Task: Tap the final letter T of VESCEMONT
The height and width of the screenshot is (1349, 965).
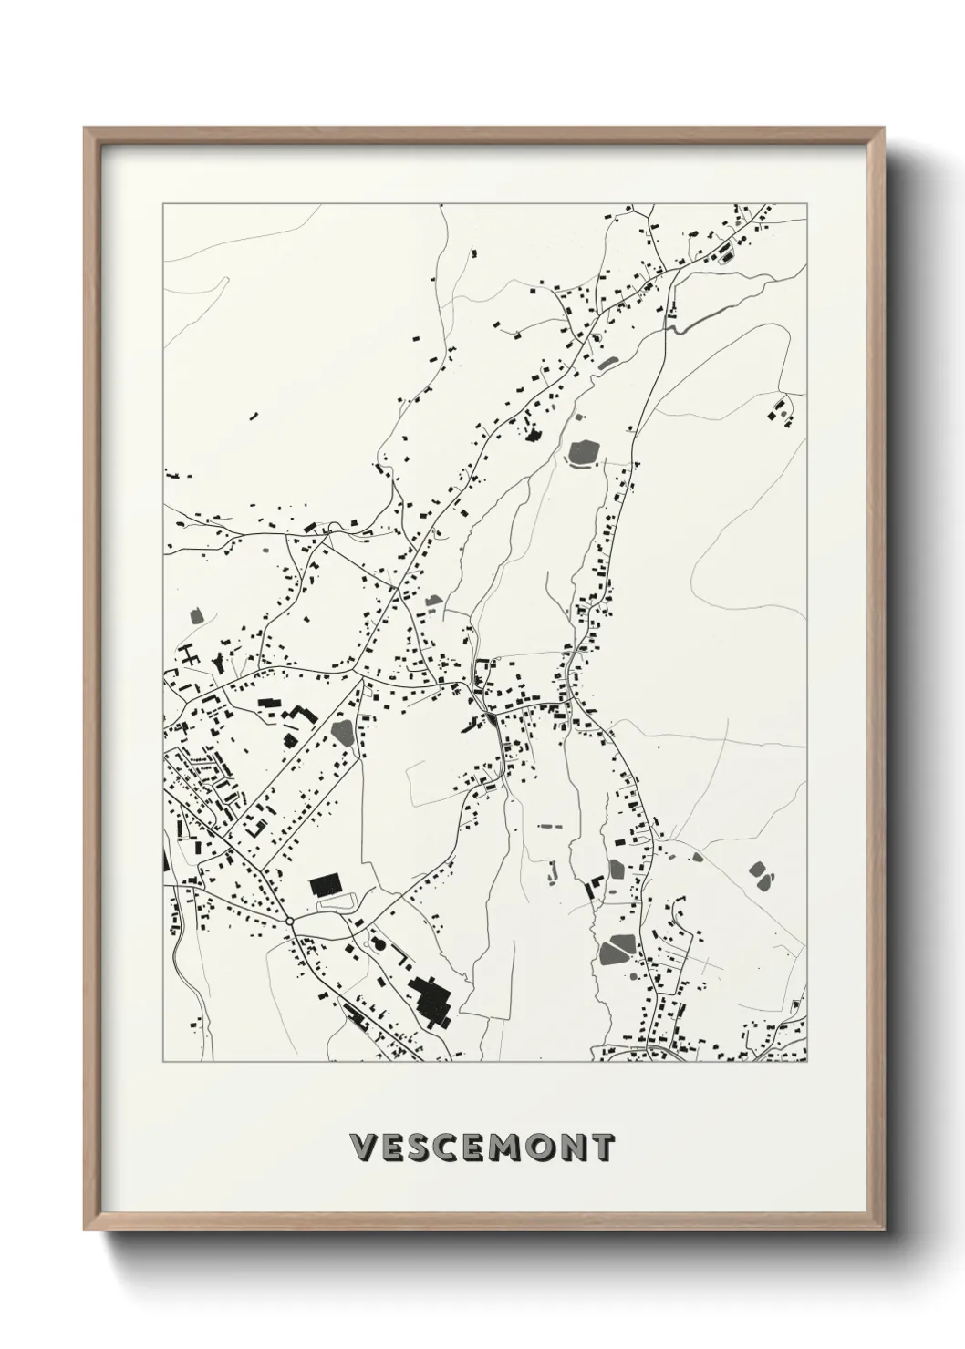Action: click(605, 1147)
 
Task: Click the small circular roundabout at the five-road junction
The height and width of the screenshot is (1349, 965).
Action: click(289, 922)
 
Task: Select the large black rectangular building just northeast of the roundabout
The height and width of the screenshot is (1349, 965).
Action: click(325, 883)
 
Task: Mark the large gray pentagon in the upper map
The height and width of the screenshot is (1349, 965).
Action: click(581, 451)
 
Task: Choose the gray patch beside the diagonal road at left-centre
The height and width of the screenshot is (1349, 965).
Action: click(344, 731)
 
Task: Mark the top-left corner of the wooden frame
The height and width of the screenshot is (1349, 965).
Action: click(86, 129)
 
